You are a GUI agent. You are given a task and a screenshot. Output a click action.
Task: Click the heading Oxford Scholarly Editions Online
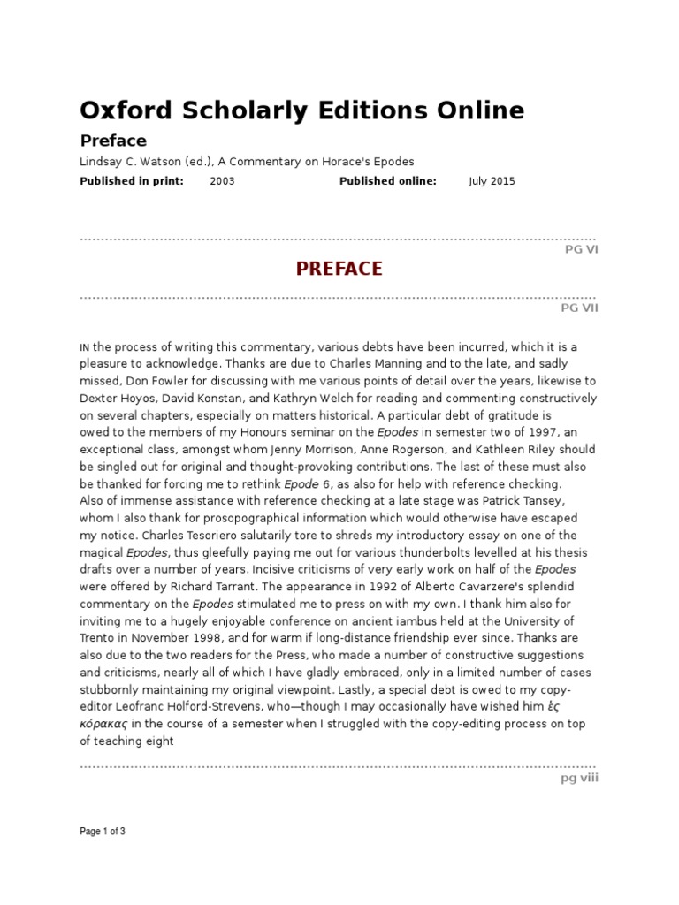[x=301, y=110]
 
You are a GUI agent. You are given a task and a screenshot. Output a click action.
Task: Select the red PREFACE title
[x=339, y=269]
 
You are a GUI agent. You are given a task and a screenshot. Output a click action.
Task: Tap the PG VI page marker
[x=581, y=250]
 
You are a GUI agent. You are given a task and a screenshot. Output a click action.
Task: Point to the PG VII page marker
[x=579, y=308]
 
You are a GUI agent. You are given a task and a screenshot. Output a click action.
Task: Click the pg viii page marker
[x=579, y=779]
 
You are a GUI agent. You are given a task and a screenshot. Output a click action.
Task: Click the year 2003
[x=222, y=181]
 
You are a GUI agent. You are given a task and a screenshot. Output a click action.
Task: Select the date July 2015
[x=492, y=181]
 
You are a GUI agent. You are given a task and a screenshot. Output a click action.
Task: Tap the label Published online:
[x=388, y=181]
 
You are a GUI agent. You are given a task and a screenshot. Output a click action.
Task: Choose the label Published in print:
[x=132, y=181]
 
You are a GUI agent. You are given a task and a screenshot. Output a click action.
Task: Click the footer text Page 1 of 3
[x=103, y=832]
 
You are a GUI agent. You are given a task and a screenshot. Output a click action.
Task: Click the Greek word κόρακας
[x=103, y=724]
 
